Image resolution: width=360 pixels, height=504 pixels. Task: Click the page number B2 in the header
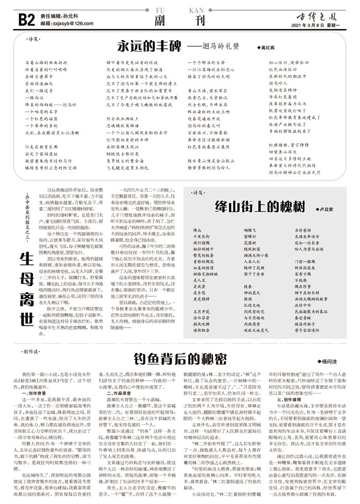(27, 19)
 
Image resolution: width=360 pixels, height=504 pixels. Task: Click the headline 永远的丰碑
(149, 45)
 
